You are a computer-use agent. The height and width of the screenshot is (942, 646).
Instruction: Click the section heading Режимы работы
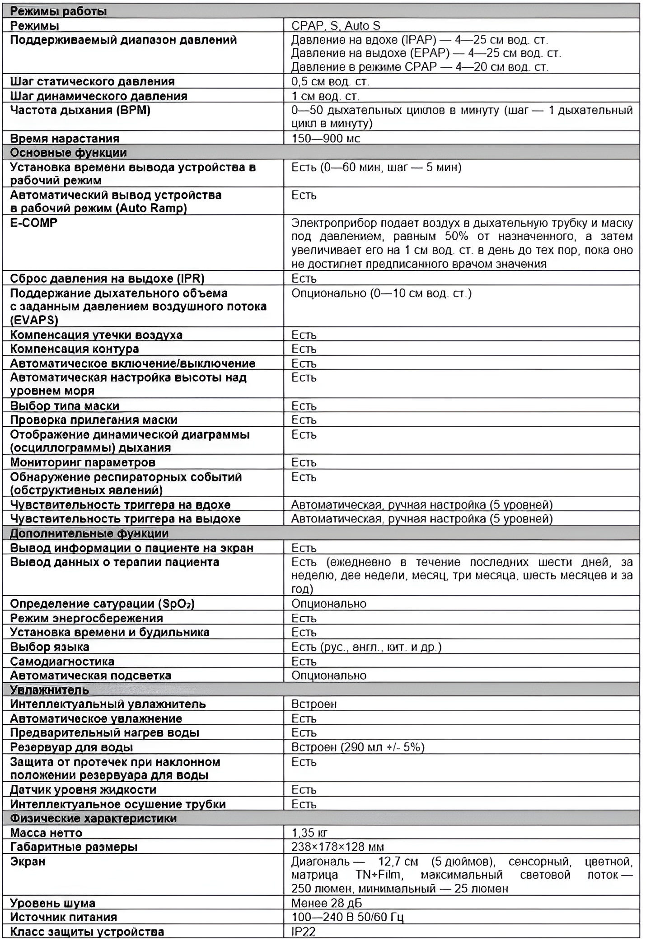[58, 11]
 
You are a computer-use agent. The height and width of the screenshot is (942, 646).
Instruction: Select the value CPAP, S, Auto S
[336, 26]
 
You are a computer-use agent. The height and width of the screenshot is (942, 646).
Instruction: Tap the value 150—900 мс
[326, 138]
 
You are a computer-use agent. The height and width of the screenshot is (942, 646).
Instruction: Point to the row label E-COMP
[34, 223]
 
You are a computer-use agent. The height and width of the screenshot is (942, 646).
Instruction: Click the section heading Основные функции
[68, 153]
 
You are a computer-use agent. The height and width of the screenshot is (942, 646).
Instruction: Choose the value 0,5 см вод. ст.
[330, 82]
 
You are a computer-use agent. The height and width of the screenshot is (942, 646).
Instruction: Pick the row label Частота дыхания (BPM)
[80, 110]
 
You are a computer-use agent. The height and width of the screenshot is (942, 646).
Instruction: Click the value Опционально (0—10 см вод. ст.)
[381, 294]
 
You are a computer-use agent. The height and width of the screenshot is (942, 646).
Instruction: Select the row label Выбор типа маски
[65, 406]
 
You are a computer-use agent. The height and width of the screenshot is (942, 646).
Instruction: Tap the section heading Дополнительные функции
[89, 533]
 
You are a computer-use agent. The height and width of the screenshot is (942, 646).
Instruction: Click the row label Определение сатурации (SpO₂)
[102, 604]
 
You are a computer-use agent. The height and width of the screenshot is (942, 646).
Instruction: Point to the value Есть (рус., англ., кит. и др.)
[366, 647]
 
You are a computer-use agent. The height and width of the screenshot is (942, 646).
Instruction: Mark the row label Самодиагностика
[62, 662]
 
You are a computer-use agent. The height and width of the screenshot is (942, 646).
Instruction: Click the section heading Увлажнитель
[49, 690]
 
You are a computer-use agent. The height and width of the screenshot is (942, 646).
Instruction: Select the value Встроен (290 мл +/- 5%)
[358, 747]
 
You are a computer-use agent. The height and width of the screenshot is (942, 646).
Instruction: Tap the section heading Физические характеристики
[93, 818]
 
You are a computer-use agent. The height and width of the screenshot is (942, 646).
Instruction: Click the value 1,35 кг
[309, 833]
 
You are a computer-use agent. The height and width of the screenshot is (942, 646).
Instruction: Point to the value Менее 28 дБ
[327, 903]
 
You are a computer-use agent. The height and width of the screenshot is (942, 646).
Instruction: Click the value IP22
[303, 932]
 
